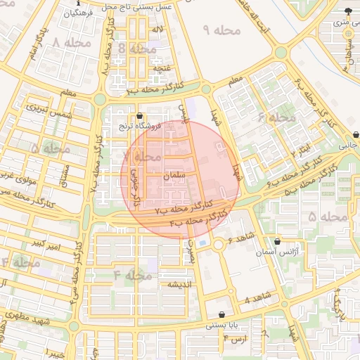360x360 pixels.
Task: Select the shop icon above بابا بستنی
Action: point(223,315)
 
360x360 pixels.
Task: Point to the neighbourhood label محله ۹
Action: point(221,30)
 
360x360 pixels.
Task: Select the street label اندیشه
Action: point(181,284)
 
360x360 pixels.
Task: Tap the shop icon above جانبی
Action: point(356,134)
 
